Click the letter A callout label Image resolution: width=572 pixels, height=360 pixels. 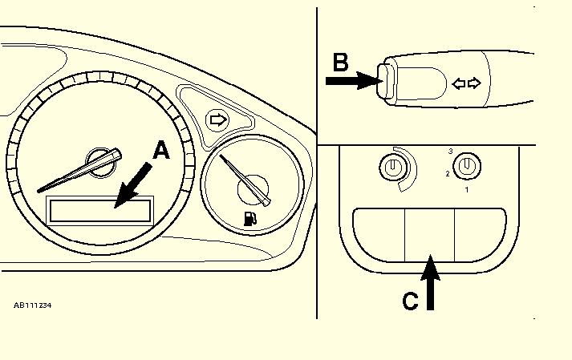tap(161, 150)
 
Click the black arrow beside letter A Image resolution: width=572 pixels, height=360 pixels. tap(132, 184)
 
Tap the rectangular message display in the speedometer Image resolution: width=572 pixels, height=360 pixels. tap(100, 210)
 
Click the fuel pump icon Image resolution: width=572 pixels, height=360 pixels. tap(249, 217)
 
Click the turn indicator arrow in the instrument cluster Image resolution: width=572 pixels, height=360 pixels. tap(217, 120)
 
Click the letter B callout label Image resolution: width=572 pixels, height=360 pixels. tap(340, 61)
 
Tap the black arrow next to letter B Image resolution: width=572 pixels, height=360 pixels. tap(352, 80)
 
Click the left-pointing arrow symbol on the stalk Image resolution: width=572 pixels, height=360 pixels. tap(460, 83)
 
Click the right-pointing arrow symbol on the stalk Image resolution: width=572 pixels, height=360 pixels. tap(474, 83)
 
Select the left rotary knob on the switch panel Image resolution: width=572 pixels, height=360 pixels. tap(392, 168)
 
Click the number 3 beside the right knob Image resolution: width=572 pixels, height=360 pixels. tap(451, 151)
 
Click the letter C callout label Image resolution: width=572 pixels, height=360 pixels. tap(409, 301)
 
